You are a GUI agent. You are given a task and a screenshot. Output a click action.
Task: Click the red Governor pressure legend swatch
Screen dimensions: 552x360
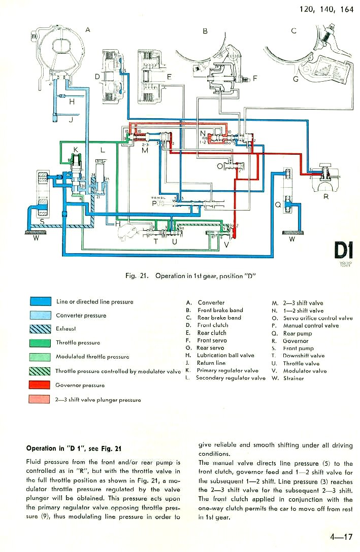pyautogui.click(x=40, y=385)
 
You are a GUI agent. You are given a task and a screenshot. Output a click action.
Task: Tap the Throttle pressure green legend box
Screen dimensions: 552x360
pyautogui.click(x=40, y=343)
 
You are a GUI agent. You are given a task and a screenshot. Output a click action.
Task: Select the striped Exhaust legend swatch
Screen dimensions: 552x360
pyautogui.click(x=40, y=329)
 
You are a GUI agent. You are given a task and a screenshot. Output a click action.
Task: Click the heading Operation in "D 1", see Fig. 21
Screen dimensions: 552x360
pyautogui.click(x=74, y=448)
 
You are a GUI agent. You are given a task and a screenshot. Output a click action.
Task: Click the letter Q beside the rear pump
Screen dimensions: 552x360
pyautogui.click(x=277, y=205)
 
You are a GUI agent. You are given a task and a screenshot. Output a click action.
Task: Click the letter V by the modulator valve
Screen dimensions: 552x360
pyautogui.click(x=226, y=245)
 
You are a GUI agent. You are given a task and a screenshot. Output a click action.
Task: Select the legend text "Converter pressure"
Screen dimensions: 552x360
pyautogui.click(x=81, y=316)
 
